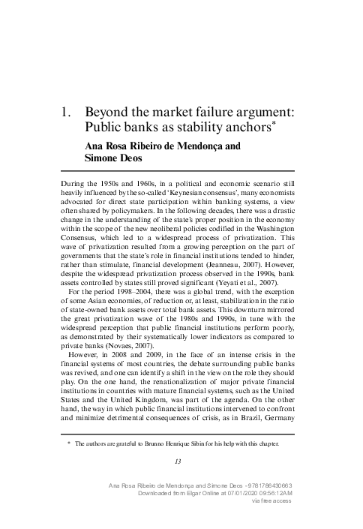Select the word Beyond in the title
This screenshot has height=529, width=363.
[109, 112]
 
